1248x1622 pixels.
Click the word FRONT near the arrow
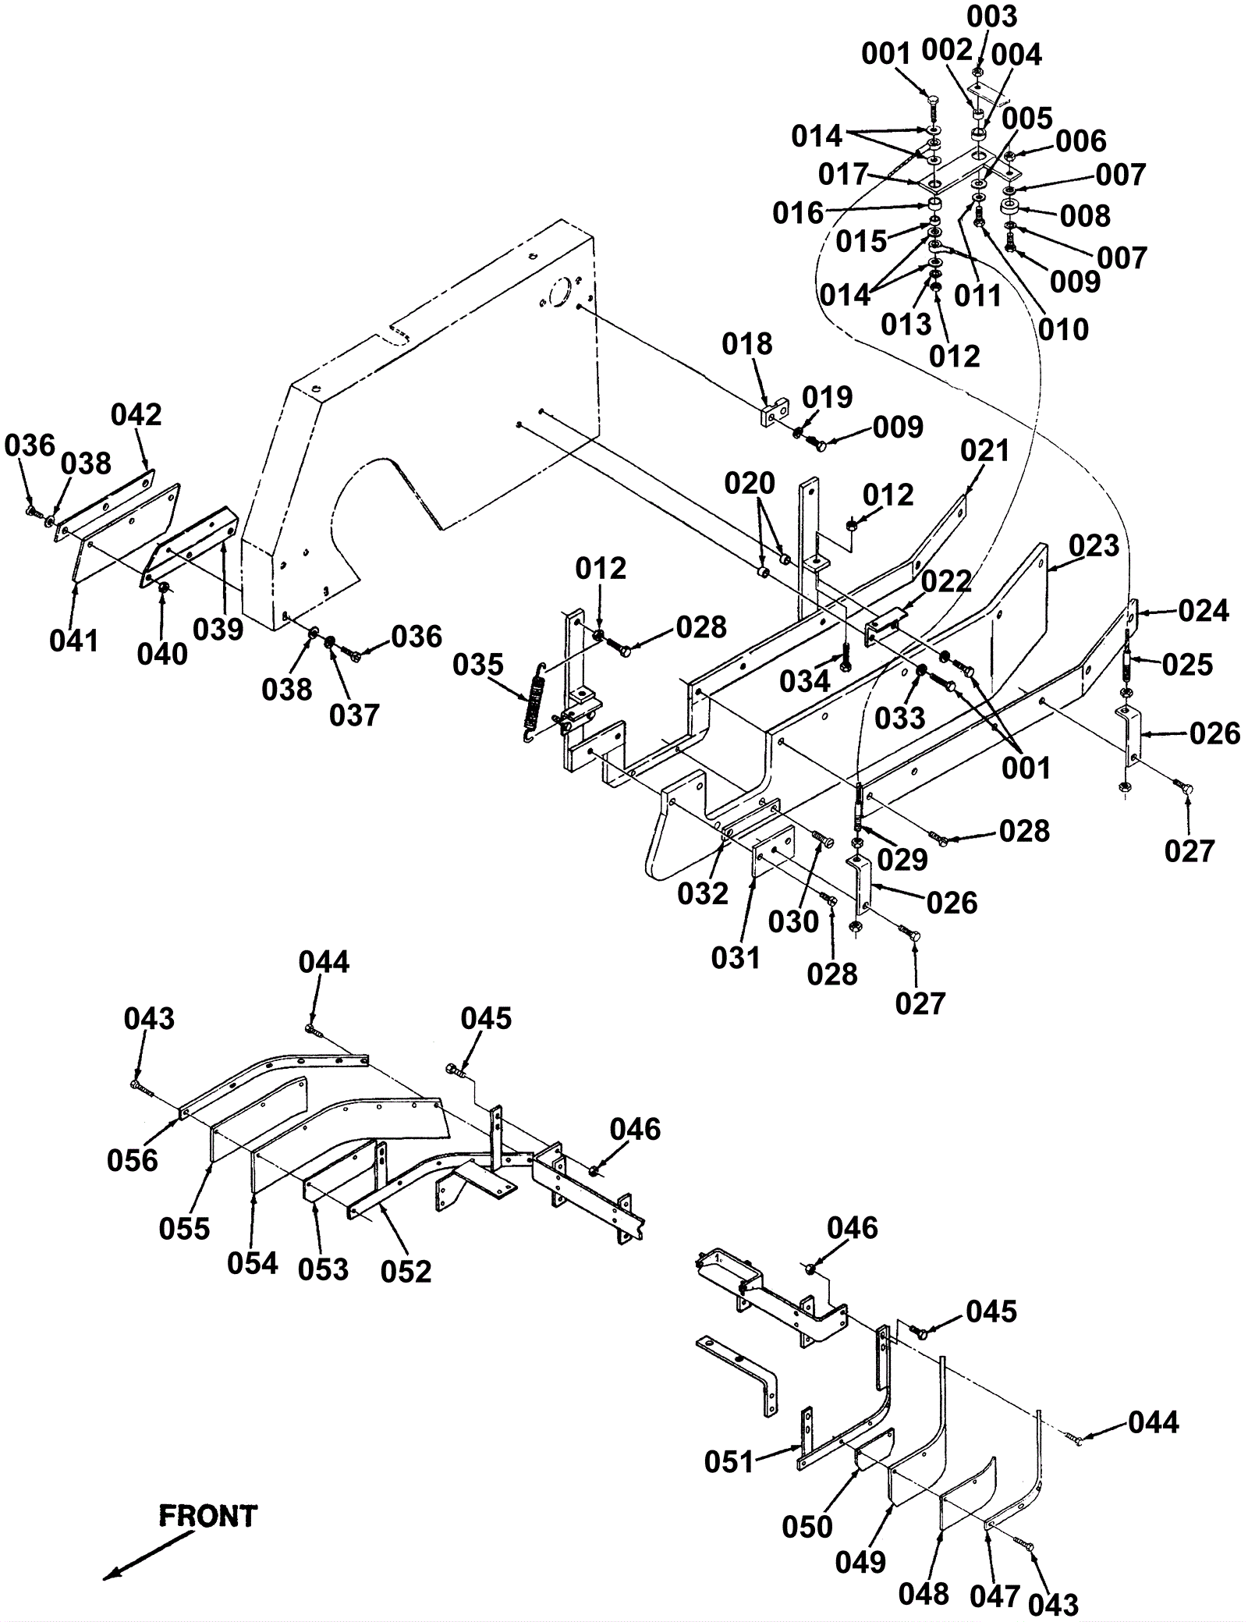207,1515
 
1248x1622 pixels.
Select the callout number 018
747,343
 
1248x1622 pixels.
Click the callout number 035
478,665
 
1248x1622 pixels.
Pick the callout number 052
406,1271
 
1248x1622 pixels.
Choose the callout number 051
729,1461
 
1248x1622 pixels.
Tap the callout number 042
136,414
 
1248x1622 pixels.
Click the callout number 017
843,175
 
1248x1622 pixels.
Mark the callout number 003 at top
992,16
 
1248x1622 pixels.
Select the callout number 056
133,1160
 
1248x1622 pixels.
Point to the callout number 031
736,957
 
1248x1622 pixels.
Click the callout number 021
985,450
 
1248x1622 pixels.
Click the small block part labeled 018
775,412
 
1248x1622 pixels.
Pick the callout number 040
162,654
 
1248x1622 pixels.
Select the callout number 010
1064,329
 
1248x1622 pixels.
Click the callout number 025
1187,665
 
